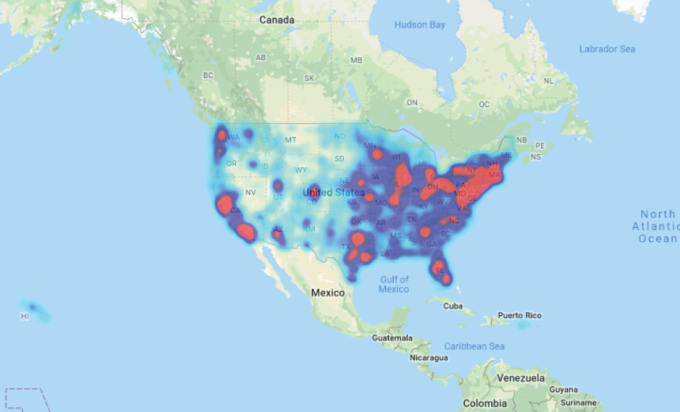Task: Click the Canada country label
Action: pyautogui.click(x=277, y=20)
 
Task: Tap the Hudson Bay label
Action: pyautogui.click(x=420, y=25)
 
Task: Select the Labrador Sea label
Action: pyautogui.click(x=607, y=49)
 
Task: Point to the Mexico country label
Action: pyautogui.click(x=327, y=292)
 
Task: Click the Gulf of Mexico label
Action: pyautogui.click(x=394, y=284)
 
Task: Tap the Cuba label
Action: pyautogui.click(x=452, y=306)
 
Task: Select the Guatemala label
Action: pyautogui.click(x=392, y=338)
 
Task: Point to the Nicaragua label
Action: pyautogui.click(x=428, y=358)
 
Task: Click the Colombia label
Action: pyautogui.click(x=484, y=403)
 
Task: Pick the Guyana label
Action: pyautogui.click(x=564, y=390)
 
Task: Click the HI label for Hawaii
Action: pyautogui.click(x=25, y=316)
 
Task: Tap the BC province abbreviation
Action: pyautogui.click(x=208, y=75)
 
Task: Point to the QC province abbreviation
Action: pyautogui.click(x=484, y=104)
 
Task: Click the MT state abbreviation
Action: pyautogui.click(x=291, y=140)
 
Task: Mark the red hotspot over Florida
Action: pyautogui.click(x=440, y=270)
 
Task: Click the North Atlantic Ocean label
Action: pyautogui.click(x=656, y=226)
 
